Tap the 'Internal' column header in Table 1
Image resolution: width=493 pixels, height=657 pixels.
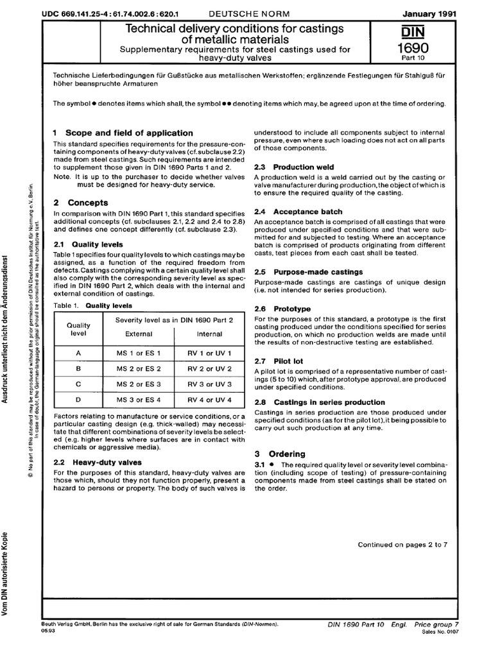(209, 334)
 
